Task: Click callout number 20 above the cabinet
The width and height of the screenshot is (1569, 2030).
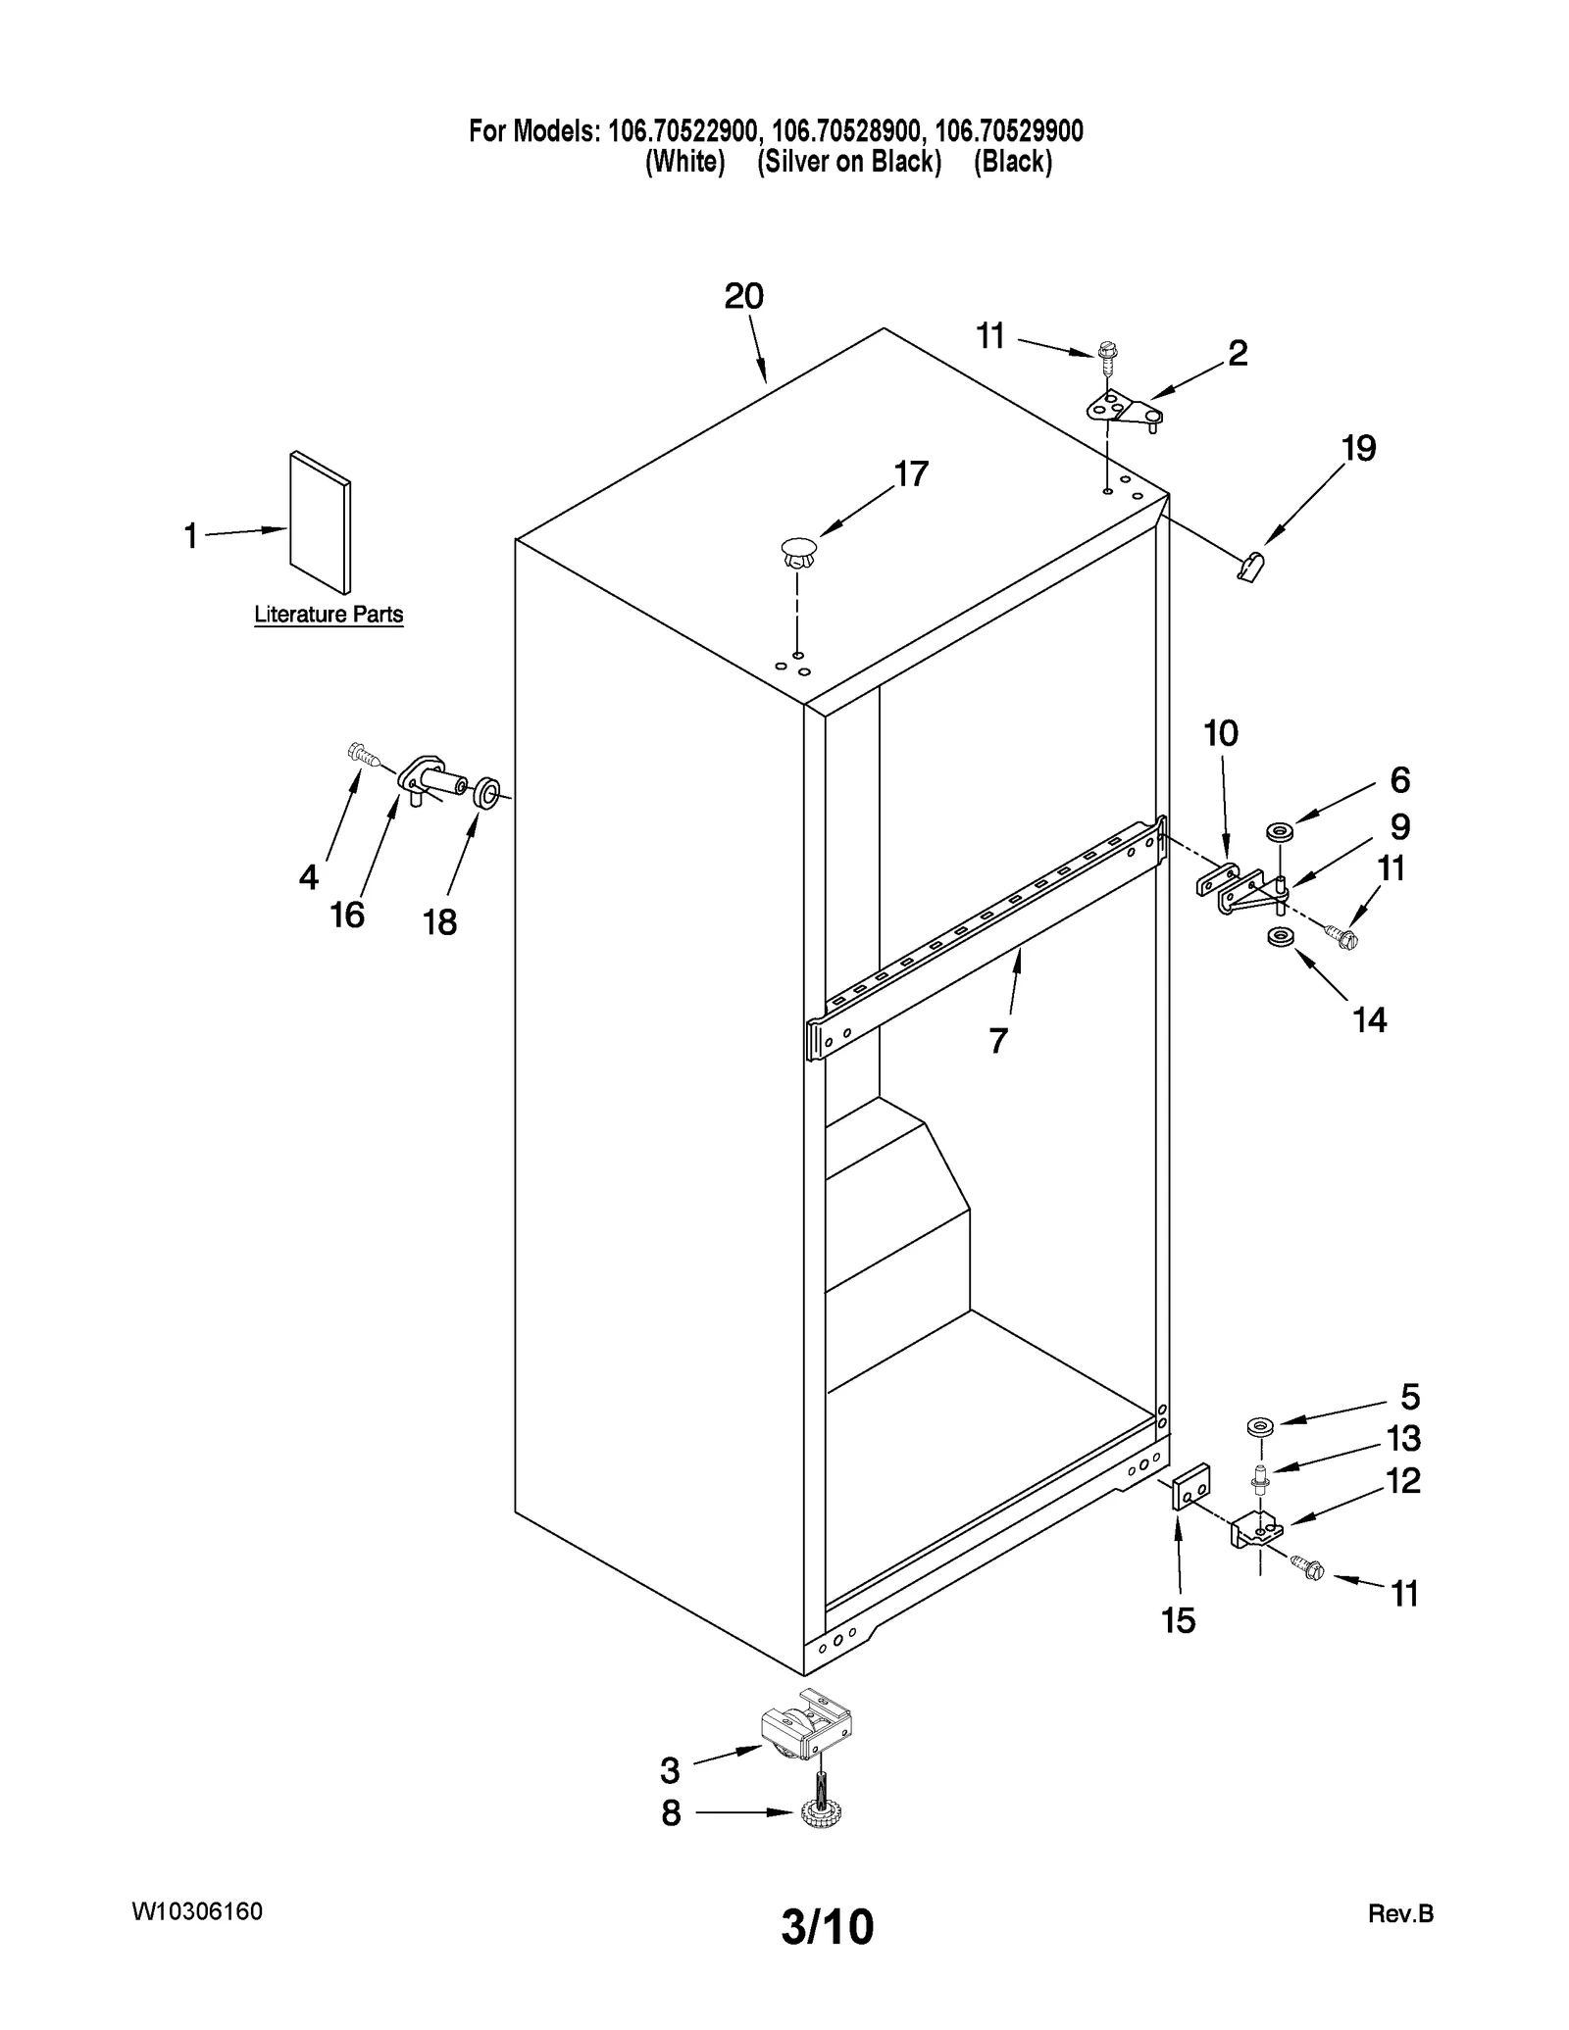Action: pyautogui.click(x=743, y=296)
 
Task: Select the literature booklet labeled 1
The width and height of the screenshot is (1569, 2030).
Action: pyautogui.click(x=320, y=521)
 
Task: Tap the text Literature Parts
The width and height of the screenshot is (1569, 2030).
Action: pyautogui.click(x=329, y=615)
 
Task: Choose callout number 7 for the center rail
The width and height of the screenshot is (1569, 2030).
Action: pyautogui.click(x=997, y=1040)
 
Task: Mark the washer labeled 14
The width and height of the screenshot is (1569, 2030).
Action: pyautogui.click(x=1279, y=938)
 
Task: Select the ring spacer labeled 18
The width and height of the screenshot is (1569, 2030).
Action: pyautogui.click(x=486, y=792)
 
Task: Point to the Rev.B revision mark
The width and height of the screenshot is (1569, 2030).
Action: pyautogui.click(x=1399, y=1913)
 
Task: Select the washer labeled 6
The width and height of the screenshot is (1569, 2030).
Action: pyautogui.click(x=1279, y=832)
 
